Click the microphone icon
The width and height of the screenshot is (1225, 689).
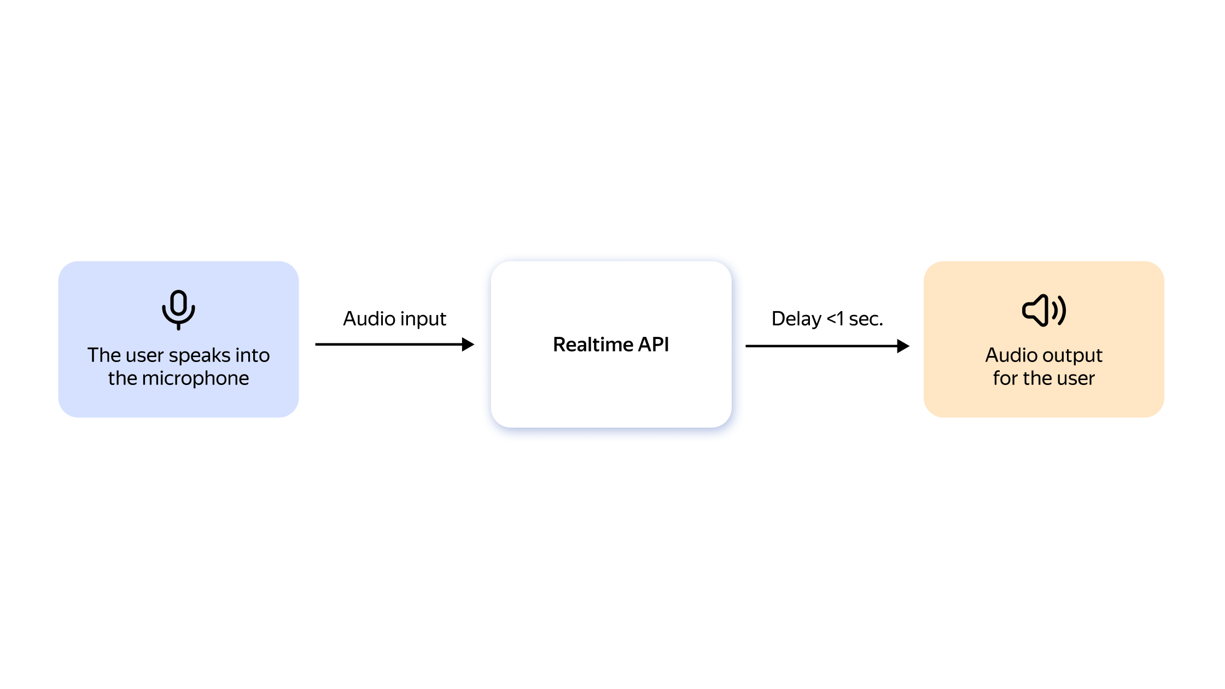point(178,310)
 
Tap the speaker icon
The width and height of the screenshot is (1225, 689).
point(1044,311)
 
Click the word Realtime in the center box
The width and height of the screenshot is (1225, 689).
point(593,344)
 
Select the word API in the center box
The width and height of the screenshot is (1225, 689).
point(654,344)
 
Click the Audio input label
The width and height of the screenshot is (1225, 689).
point(394,319)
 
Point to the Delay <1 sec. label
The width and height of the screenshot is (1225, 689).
point(827,319)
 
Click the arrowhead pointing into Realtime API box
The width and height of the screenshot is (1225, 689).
point(468,344)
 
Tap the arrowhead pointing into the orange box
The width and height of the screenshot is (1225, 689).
point(903,346)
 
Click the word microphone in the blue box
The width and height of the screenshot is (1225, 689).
point(195,378)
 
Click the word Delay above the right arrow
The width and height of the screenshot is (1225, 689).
point(796,319)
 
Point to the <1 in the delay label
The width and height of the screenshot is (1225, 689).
point(835,319)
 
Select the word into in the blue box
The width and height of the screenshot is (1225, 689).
point(253,355)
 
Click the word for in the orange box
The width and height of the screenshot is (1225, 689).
point(1006,378)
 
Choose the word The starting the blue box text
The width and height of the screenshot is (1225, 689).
point(104,355)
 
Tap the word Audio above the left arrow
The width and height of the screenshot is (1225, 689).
point(368,319)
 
